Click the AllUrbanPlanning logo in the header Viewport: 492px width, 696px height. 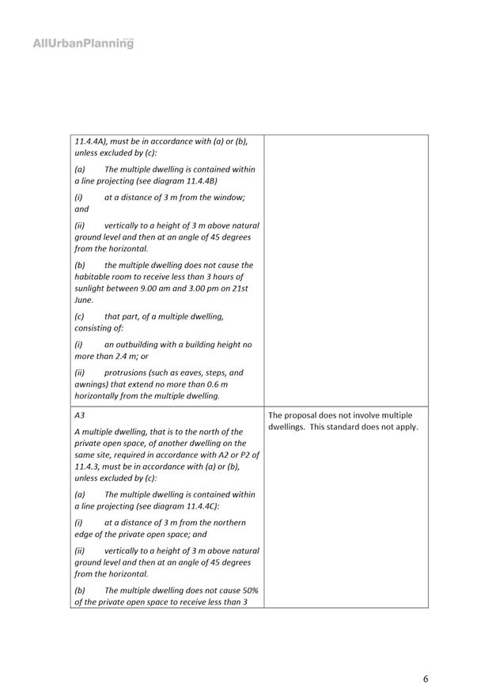coord(83,43)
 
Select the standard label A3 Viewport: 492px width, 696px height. coord(80,414)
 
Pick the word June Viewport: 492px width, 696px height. coord(84,300)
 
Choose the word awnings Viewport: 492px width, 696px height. coord(90,384)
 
